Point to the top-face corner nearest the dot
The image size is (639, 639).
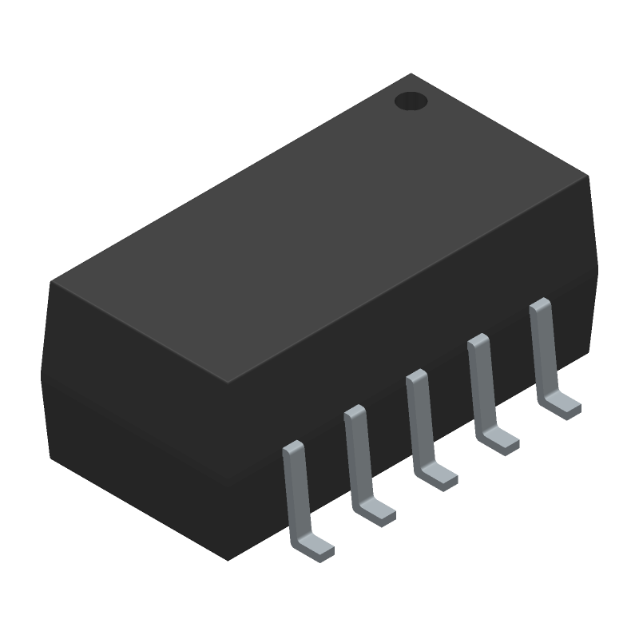[411, 74]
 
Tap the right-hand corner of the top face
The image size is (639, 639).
[589, 176]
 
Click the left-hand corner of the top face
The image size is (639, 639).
[51, 281]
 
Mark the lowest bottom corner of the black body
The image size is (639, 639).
[228, 560]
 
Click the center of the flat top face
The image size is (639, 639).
[319, 228]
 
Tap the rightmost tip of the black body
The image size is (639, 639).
[597, 264]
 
